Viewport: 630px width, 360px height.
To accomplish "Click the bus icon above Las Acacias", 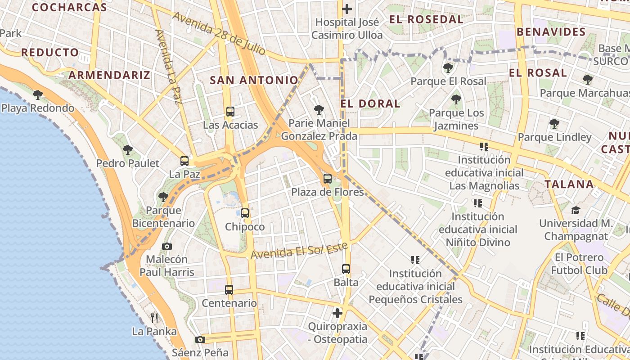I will coord(230,111).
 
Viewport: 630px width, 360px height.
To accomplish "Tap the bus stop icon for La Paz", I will coord(184,161).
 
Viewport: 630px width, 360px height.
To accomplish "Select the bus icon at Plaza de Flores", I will coord(328,178).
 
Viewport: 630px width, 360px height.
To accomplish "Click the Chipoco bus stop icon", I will coord(245,213).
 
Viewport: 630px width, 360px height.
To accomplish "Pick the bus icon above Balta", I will coord(346,269).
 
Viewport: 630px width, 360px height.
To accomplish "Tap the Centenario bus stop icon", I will coord(229,290).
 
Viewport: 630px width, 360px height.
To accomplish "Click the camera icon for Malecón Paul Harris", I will coord(167,246).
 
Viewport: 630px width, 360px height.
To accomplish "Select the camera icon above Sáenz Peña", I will coord(200,339).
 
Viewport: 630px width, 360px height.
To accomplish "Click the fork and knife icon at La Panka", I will coord(154,318).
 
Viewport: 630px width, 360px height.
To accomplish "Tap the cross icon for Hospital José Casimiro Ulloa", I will coord(347,9).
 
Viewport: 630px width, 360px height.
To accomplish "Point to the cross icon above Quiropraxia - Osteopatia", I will coord(337,313).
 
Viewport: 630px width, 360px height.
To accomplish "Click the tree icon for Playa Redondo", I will coord(38,94).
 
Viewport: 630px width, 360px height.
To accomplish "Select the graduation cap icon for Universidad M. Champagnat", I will coord(576,210).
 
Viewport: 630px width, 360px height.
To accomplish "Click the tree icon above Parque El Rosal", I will coord(448,68).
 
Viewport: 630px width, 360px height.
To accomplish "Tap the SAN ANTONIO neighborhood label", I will coord(254,80).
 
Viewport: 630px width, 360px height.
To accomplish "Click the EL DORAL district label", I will coord(370,103).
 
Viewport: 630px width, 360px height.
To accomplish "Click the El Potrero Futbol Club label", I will coord(579,264).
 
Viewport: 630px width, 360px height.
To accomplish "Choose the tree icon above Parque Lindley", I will coord(554,123).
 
